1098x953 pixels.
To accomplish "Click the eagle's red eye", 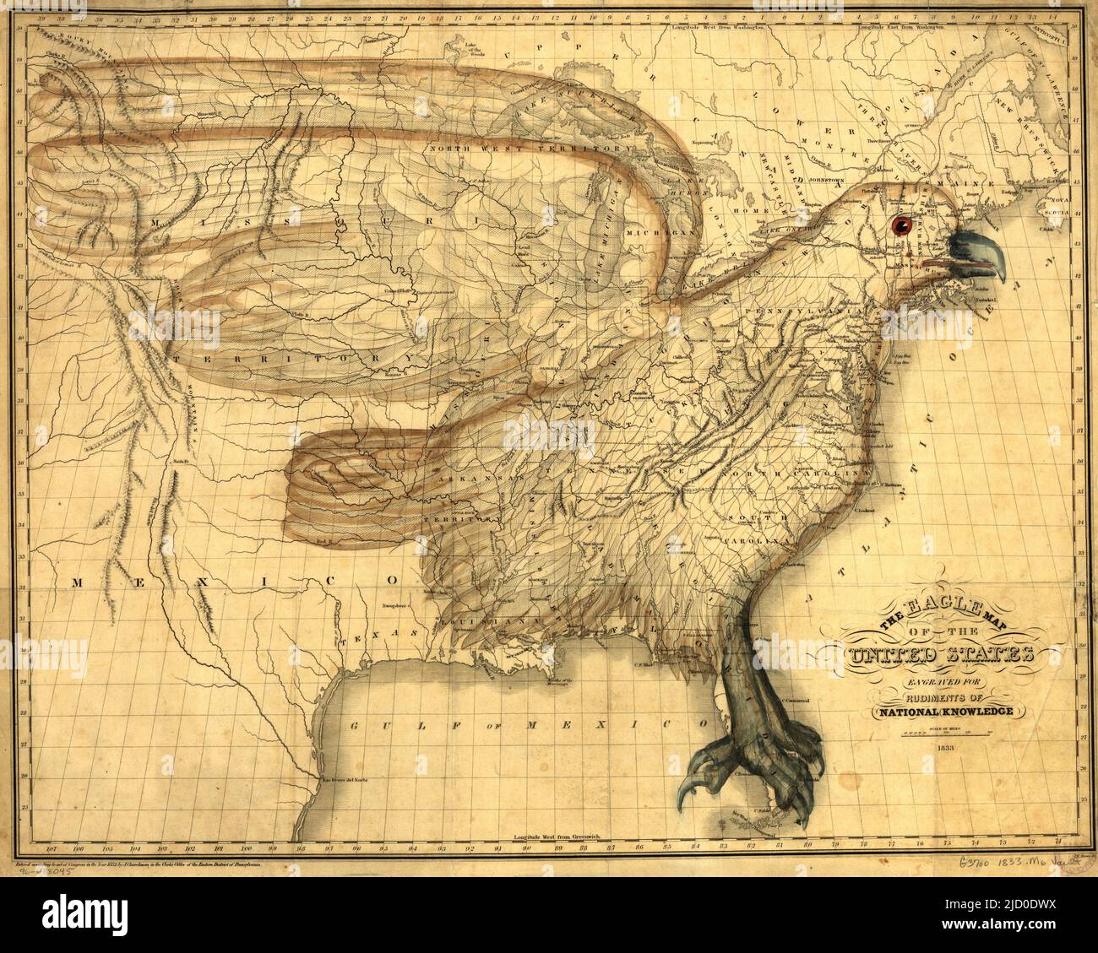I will point(900,224).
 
